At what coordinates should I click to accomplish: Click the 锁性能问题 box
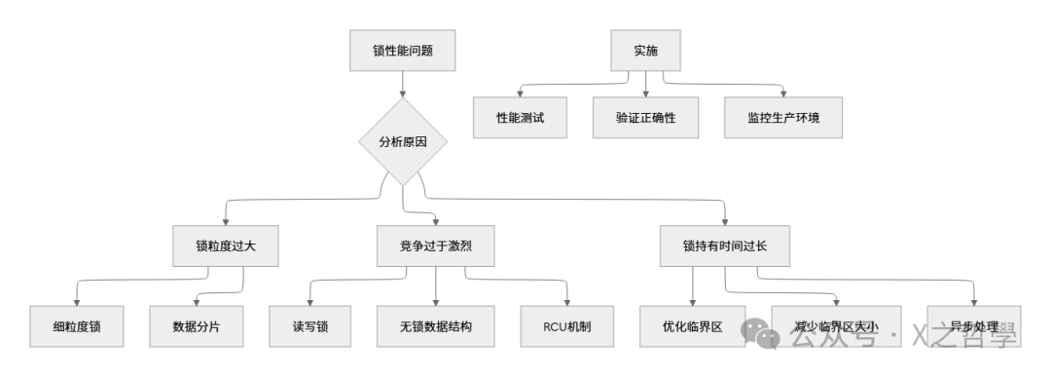[401, 51]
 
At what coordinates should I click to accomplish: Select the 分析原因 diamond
[402, 141]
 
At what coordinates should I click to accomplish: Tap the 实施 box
[645, 51]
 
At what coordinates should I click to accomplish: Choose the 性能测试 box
[521, 118]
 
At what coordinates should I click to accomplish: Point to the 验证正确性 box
[645, 118]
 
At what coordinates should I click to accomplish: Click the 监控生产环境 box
[782, 118]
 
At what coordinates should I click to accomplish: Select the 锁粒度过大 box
[225, 246]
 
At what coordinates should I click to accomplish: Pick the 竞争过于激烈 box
[435, 246]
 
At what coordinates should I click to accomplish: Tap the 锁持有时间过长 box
[726, 246]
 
